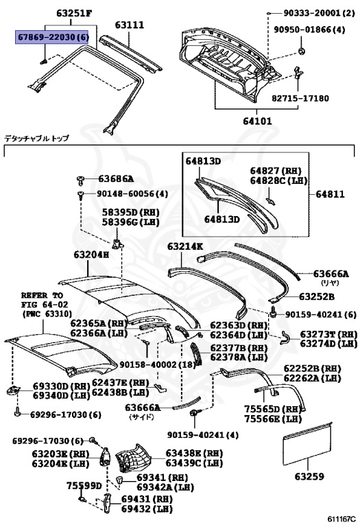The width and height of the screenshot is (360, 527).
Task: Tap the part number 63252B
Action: [317, 296]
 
